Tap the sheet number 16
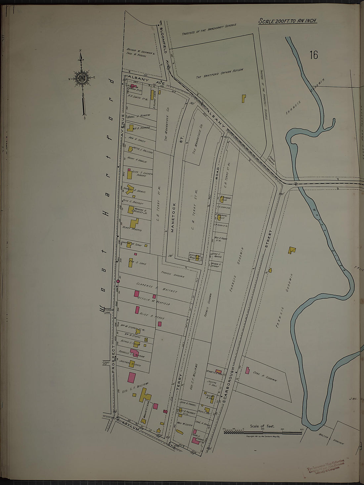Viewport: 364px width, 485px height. tap(313, 55)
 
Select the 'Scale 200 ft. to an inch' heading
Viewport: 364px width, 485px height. tap(287, 21)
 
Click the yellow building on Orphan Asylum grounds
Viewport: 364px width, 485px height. tap(244, 99)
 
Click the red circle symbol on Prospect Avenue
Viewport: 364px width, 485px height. tap(118, 281)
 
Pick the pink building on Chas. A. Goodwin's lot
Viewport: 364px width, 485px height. tap(247, 370)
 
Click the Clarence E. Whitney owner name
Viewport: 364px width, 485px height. tap(157, 287)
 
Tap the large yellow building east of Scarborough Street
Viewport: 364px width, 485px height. tap(292, 250)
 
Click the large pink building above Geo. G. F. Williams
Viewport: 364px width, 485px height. tap(132, 378)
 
